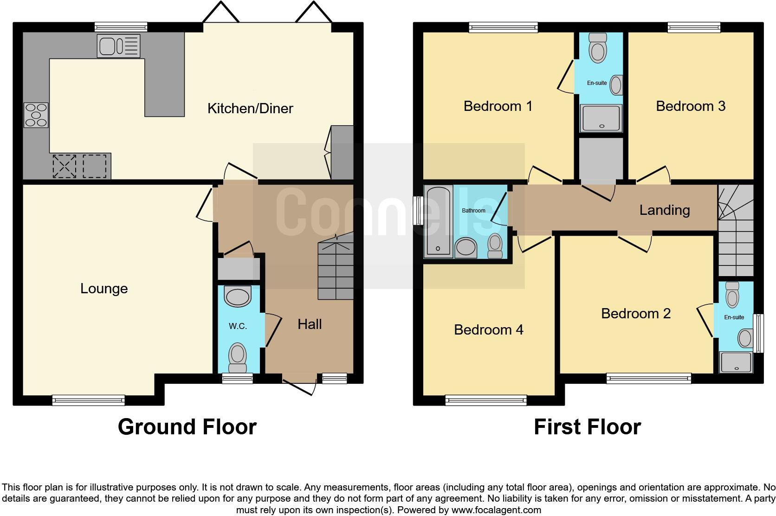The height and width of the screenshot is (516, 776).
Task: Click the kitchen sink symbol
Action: [118, 46]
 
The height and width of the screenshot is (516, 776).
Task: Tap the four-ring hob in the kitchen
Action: [36, 115]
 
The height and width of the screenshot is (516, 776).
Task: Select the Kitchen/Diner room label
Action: [250, 109]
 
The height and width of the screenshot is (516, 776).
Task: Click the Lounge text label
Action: [104, 289]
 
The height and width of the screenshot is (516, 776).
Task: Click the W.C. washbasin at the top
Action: [238, 295]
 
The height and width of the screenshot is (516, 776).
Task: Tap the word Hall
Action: [310, 324]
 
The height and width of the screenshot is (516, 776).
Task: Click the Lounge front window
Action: [88, 400]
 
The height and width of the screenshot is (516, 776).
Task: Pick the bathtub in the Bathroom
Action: [439, 221]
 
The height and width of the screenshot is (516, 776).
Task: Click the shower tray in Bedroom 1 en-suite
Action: [601, 118]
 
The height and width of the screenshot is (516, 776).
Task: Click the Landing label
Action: [664, 210]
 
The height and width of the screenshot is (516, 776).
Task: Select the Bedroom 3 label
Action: [690, 106]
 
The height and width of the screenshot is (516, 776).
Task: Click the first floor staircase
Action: [735, 232]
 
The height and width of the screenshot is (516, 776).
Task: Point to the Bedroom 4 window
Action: [485, 400]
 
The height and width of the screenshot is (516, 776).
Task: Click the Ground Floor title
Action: [187, 426]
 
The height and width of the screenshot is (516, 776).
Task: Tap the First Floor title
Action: [587, 426]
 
